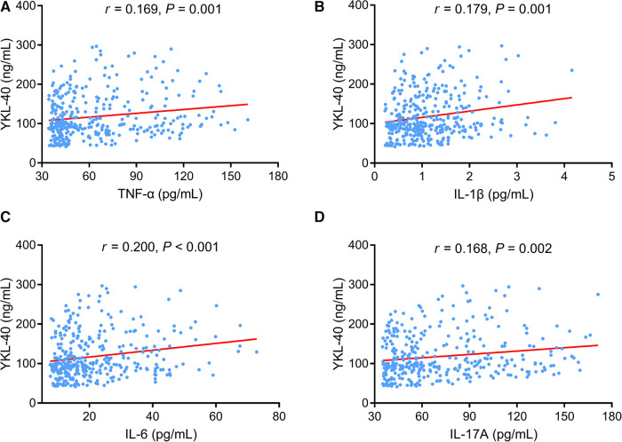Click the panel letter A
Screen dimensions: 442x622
pyautogui.click(x=7, y=8)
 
